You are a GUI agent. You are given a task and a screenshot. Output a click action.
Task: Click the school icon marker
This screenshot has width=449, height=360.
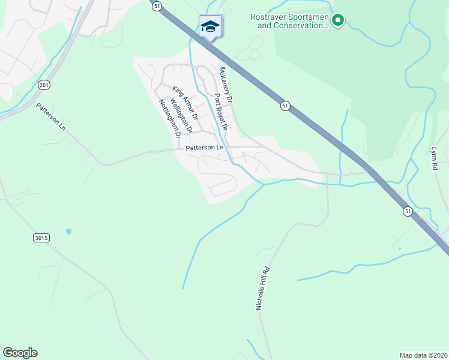211,26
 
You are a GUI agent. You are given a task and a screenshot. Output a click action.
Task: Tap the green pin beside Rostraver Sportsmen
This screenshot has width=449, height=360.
338,21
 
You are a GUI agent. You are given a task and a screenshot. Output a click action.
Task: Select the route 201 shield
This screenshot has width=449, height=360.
43,86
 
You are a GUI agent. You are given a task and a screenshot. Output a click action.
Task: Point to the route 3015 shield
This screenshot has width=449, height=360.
40,238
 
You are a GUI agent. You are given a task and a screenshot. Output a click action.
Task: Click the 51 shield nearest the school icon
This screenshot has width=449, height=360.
157,5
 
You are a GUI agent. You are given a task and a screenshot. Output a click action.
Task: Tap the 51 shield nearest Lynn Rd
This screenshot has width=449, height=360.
408,211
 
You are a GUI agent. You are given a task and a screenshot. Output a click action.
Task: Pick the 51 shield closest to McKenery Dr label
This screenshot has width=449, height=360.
285,106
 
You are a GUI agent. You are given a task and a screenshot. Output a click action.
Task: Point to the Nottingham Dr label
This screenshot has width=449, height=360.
170,118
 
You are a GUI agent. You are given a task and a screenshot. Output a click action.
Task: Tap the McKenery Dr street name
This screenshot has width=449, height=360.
226,85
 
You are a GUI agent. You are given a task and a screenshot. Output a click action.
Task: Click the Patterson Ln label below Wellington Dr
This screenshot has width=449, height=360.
204,147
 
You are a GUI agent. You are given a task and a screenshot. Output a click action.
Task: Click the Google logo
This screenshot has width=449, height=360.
20,353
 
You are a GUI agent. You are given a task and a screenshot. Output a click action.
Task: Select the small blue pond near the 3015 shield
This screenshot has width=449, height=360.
68,231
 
